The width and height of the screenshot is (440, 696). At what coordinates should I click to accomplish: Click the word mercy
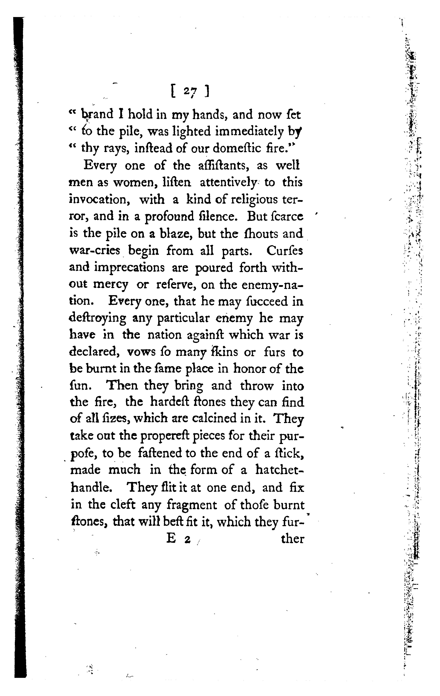tap(111, 285)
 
